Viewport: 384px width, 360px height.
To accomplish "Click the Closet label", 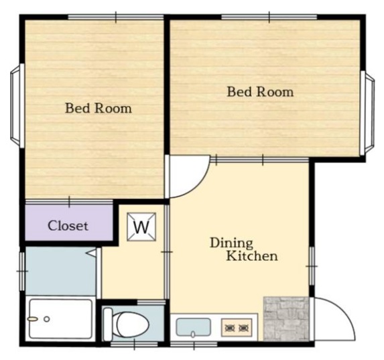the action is tap(68, 226).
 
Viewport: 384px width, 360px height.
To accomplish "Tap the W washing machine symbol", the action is tap(141, 227).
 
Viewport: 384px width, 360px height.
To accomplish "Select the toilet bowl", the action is tap(132, 324).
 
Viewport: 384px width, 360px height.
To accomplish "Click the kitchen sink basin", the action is tap(194, 327).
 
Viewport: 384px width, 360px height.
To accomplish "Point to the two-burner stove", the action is tap(237, 327).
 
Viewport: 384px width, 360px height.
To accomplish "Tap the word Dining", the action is tap(231, 243).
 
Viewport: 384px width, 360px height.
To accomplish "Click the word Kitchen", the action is tap(252, 256).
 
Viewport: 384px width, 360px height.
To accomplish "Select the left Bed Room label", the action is tap(99, 108).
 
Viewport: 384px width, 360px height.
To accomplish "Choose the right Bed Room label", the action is tap(260, 92).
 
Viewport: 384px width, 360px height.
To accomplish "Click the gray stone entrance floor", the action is tap(286, 318).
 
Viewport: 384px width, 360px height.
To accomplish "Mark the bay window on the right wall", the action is tap(367, 113).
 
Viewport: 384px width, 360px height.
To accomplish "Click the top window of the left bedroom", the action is tap(116, 17).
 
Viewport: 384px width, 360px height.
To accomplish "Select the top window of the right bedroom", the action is tap(269, 17).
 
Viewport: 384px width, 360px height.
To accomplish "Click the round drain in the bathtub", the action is tap(47, 319).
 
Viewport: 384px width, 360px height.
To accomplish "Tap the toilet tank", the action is tap(107, 324).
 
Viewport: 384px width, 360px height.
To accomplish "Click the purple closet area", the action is tap(69, 223).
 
